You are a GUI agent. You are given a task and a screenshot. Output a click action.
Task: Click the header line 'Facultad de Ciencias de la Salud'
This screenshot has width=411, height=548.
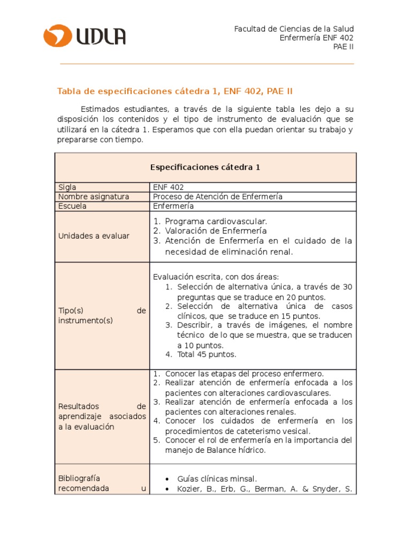[x=294, y=28]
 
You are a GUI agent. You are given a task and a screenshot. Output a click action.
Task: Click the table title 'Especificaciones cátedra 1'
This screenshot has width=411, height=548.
[x=205, y=167]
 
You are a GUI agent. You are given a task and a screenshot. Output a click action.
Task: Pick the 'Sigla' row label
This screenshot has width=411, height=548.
[x=67, y=187]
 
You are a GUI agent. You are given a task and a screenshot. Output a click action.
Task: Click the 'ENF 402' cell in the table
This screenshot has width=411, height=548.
[x=168, y=187]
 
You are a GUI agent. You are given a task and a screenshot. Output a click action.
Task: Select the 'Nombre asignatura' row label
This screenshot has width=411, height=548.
[x=94, y=196]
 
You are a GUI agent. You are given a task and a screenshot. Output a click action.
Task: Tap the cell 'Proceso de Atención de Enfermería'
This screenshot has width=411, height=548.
[x=217, y=196]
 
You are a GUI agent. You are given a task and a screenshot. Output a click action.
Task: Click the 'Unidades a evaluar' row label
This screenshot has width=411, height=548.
[x=94, y=236]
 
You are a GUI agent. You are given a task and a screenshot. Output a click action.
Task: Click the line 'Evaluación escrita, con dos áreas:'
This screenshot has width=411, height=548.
[x=216, y=277]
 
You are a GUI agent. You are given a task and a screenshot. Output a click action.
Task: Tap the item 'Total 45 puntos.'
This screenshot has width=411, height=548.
[x=200, y=354]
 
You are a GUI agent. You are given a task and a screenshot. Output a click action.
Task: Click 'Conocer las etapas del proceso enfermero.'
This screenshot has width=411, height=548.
[x=244, y=374]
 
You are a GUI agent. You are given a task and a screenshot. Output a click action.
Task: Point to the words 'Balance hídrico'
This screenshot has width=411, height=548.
[x=237, y=450]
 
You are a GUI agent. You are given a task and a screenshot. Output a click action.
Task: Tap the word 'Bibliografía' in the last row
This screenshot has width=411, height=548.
[x=79, y=478]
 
